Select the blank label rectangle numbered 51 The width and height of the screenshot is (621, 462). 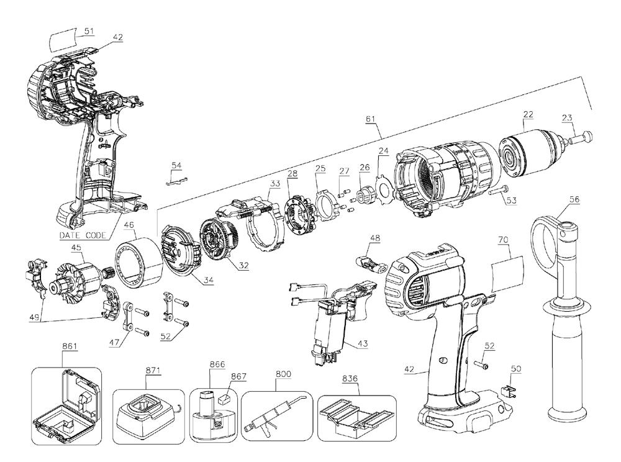click(65, 41)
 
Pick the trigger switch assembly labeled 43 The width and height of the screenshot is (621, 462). click(329, 323)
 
